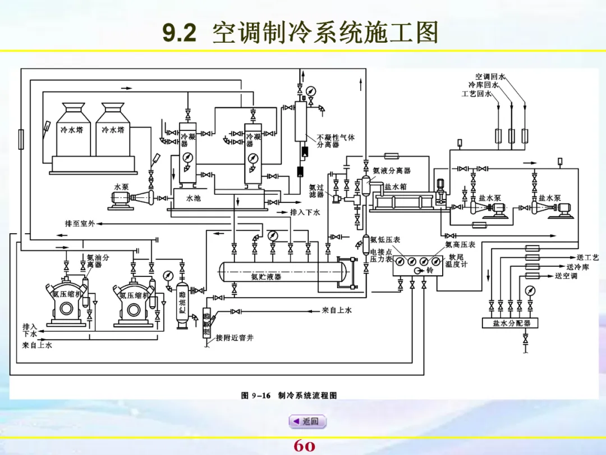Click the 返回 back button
307,421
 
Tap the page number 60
304,446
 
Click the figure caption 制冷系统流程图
307,395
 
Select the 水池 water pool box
194,198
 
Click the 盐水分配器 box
511,323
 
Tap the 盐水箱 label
396,187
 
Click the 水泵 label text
121,186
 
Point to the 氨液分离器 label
392,170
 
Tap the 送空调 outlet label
566,276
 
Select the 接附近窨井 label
235,338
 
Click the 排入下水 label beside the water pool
305,212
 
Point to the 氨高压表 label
460,244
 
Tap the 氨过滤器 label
316,191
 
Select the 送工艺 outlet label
587,257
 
